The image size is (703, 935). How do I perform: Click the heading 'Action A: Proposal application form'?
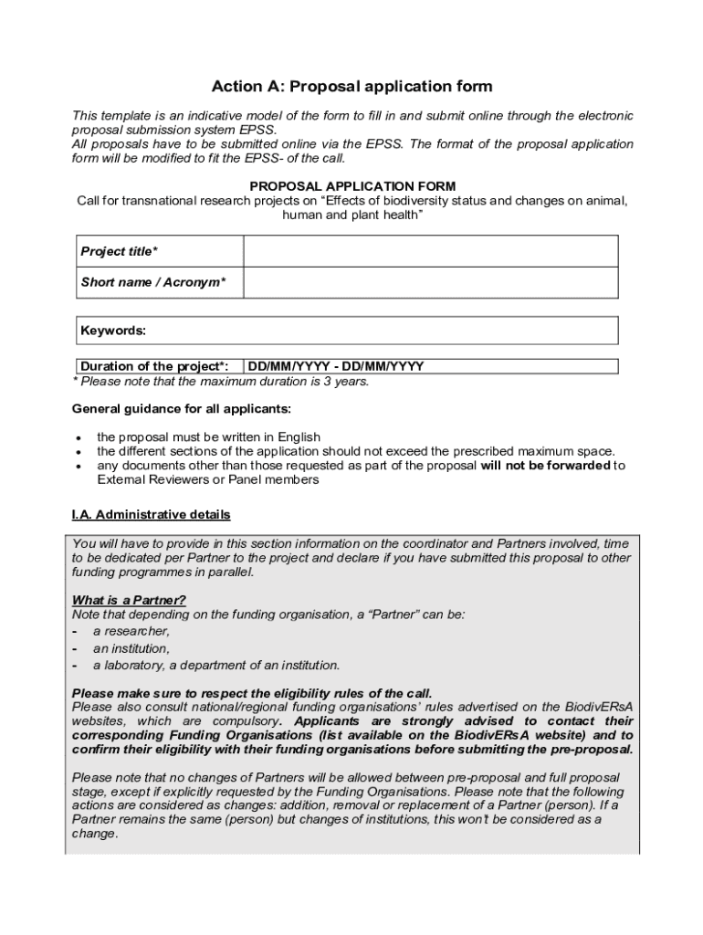(x=351, y=87)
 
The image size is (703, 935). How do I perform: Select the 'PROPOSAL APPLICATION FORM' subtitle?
(x=352, y=186)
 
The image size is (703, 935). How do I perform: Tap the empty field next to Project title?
(x=430, y=251)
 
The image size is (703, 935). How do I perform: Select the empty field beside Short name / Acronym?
(x=430, y=282)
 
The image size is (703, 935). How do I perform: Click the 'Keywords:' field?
(x=347, y=330)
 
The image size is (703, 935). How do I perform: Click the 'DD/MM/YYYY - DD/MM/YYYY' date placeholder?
(x=336, y=367)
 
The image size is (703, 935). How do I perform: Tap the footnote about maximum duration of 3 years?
(x=220, y=382)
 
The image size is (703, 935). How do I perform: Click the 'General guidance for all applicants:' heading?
(x=182, y=408)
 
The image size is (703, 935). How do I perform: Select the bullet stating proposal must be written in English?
(x=208, y=437)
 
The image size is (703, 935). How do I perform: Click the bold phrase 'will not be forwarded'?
(x=545, y=465)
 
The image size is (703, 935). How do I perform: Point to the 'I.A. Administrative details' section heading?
(x=151, y=515)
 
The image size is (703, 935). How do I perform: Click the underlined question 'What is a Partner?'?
(x=129, y=600)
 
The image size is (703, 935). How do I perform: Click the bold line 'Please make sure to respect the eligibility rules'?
(x=251, y=693)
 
